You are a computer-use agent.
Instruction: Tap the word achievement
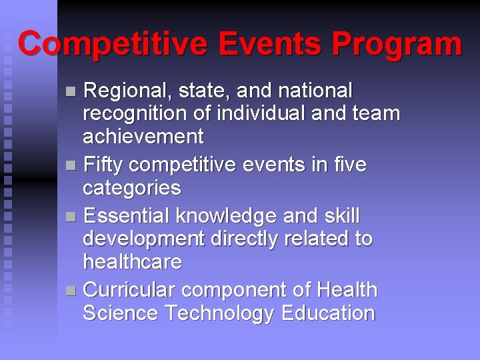tap(143, 137)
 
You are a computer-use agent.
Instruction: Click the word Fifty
tap(107, 165)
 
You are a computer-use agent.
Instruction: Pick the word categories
tap(131, 188)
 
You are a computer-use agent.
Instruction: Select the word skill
tap(341, 216)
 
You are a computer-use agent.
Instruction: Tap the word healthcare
tap(132, 262)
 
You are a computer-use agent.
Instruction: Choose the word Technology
tap(219, 313)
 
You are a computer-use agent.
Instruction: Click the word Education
tap(328, 313)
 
